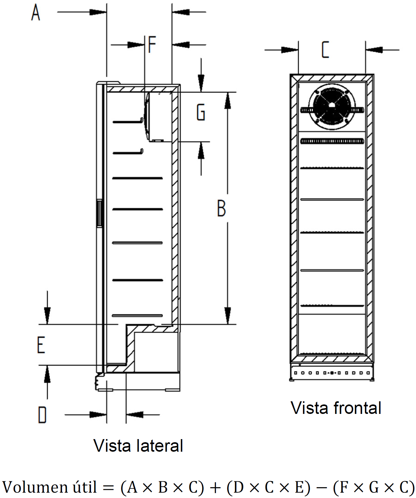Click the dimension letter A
click(x=36, y=12)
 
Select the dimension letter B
click(x=221, y=208)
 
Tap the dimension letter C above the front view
click(x=325, y=49)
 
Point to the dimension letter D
click(x=42, y=415)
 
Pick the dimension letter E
click(x=41, y=345)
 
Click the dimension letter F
click(x=152, y=44)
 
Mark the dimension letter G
click(x=201, y=112)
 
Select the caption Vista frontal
click(x=336, y=408)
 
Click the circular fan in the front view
click(x=332, y=106)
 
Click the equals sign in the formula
click(x=109, y=488)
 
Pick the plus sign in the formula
click(x=215, y=488)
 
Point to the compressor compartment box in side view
click(x=156, y=352)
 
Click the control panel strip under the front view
click(x=332, y=373)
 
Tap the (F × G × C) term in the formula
click(x=374, y=487)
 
